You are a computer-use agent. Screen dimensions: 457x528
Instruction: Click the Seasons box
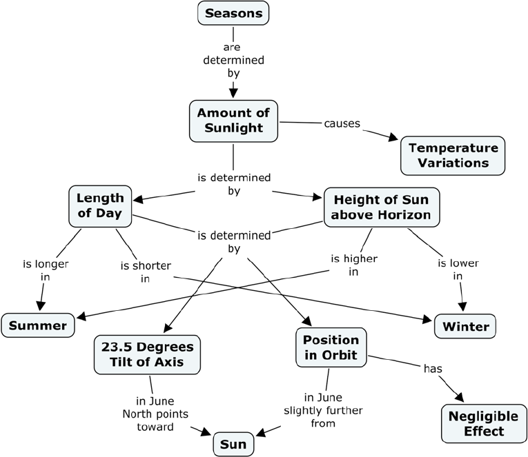(x=233, y=13)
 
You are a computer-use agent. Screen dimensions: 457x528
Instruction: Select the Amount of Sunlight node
(x=233, y=120)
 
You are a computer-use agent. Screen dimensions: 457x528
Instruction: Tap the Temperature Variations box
(x=453, y=156)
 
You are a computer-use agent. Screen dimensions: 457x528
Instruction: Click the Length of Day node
(x=100, y=206)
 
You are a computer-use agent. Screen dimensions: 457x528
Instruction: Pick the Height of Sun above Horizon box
(x=381, y=207)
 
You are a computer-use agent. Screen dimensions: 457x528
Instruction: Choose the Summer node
(x=38, y=325)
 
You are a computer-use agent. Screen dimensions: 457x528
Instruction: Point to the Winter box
(x=466, y=325)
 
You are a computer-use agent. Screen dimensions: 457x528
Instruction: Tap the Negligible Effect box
(x=476, y=424)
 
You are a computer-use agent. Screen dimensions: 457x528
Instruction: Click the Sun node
(x=233, y=445)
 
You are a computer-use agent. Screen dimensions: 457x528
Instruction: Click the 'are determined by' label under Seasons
(x=233, y=59)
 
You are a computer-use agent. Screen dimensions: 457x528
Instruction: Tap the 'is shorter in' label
(x=146, y=272)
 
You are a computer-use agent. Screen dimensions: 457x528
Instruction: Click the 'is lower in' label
(x=458, y=270)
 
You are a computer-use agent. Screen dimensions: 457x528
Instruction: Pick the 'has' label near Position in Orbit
(x=432, y=369)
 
